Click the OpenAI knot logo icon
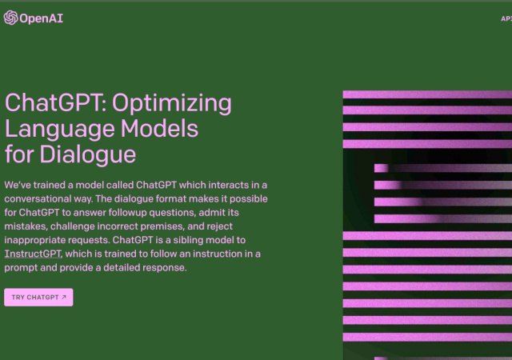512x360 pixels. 10,17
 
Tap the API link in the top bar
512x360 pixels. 506,17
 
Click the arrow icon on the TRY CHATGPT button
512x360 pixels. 64,298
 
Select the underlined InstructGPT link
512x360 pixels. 33,254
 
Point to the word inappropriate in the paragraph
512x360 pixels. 40,240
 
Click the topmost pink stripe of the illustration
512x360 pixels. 427,95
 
